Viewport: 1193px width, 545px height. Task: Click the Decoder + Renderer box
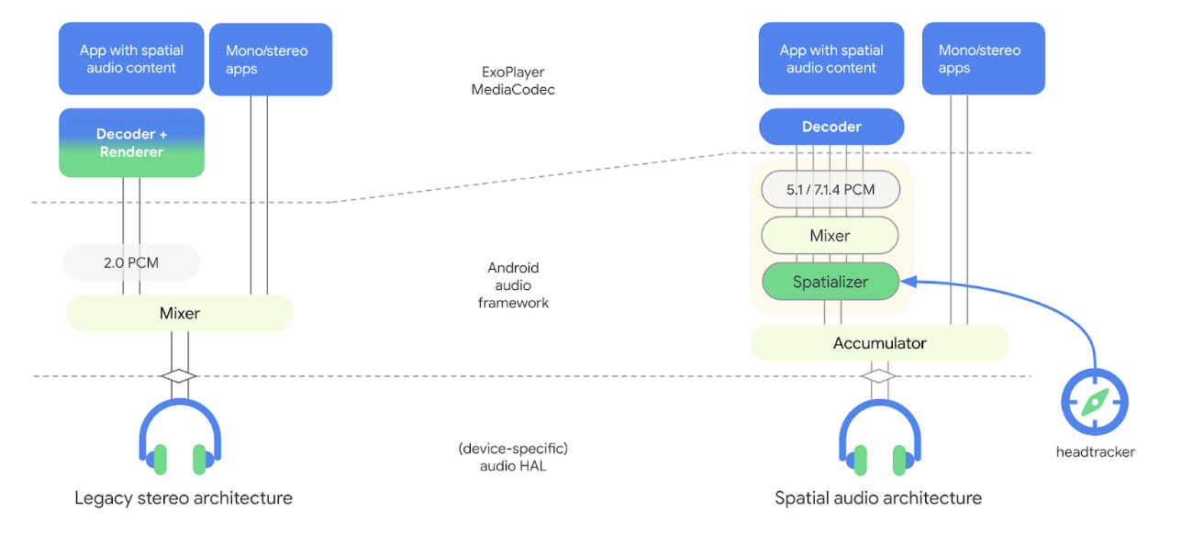[x=131, y=143]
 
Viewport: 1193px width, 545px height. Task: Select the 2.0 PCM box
[x=131, y=262]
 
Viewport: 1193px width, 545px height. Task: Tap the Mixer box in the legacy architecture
[x=180, y=314]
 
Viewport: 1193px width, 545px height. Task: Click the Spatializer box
[x=831, y=282]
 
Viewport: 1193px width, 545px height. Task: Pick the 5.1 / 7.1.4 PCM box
[x=831, y=190]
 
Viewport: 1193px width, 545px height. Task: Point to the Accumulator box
[x=879, y=343]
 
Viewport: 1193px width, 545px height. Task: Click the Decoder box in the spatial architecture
[x=831, y=127]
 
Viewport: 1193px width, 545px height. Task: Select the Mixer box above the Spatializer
[x=830, y=236]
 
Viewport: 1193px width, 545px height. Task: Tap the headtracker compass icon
[x=1095, y=401]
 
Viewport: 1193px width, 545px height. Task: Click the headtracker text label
[x=1095, y=451]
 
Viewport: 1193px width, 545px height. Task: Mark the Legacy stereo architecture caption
[x=184, y=498]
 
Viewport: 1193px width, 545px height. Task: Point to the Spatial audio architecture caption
[x=878, y=498]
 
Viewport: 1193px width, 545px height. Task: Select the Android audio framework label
[x=513, y=285]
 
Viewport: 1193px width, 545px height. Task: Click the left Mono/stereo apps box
[x=271, y=60]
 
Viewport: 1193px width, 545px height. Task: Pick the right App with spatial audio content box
[x=831, y=60]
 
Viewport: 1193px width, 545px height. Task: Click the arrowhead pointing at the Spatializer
[x=906, y=281]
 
